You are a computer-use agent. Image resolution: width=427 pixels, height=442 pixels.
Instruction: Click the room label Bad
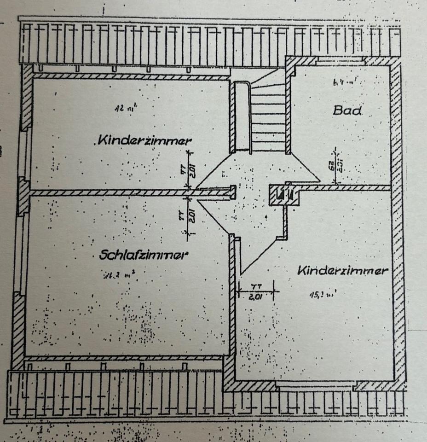348,110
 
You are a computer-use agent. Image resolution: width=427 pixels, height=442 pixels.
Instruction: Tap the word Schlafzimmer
144,255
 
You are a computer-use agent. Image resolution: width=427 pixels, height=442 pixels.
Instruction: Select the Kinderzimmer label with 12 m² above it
144,141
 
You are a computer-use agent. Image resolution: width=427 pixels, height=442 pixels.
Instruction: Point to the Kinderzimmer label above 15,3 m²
342,271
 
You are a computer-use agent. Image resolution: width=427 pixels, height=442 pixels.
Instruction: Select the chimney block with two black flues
283,195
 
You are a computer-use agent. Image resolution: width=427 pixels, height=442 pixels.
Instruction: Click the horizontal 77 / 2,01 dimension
256,291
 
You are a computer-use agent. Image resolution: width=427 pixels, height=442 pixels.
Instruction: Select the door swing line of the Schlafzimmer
213,216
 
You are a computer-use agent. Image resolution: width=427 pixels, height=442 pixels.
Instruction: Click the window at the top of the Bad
340,60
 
